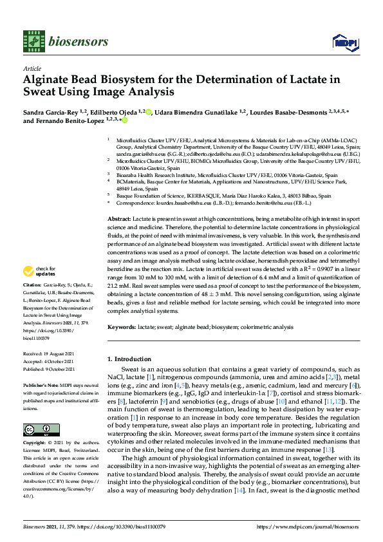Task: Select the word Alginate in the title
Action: tap(49, 80)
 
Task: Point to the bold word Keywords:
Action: tap(122, 328)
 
